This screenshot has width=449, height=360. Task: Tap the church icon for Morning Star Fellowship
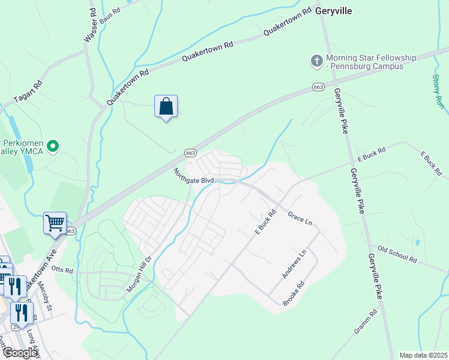[x=316, y=61]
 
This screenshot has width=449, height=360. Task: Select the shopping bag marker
[x=166, y=107]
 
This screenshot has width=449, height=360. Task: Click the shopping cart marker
[x=55, y=223]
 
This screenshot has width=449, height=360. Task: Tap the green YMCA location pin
[x=53, y=146]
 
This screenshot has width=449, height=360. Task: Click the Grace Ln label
[x=300, y=218]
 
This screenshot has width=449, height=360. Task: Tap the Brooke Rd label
[x=294, y=293]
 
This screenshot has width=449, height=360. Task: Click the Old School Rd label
[x=397, y=254]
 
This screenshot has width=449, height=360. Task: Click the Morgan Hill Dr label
[x=140, y=275]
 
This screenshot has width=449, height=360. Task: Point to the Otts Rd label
[x=62, y=270]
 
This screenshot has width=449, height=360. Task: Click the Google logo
[x=20, y=353]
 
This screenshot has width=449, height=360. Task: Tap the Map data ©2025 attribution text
[x=423, y=355]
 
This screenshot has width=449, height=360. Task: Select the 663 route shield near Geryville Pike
[x=318, y=88]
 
